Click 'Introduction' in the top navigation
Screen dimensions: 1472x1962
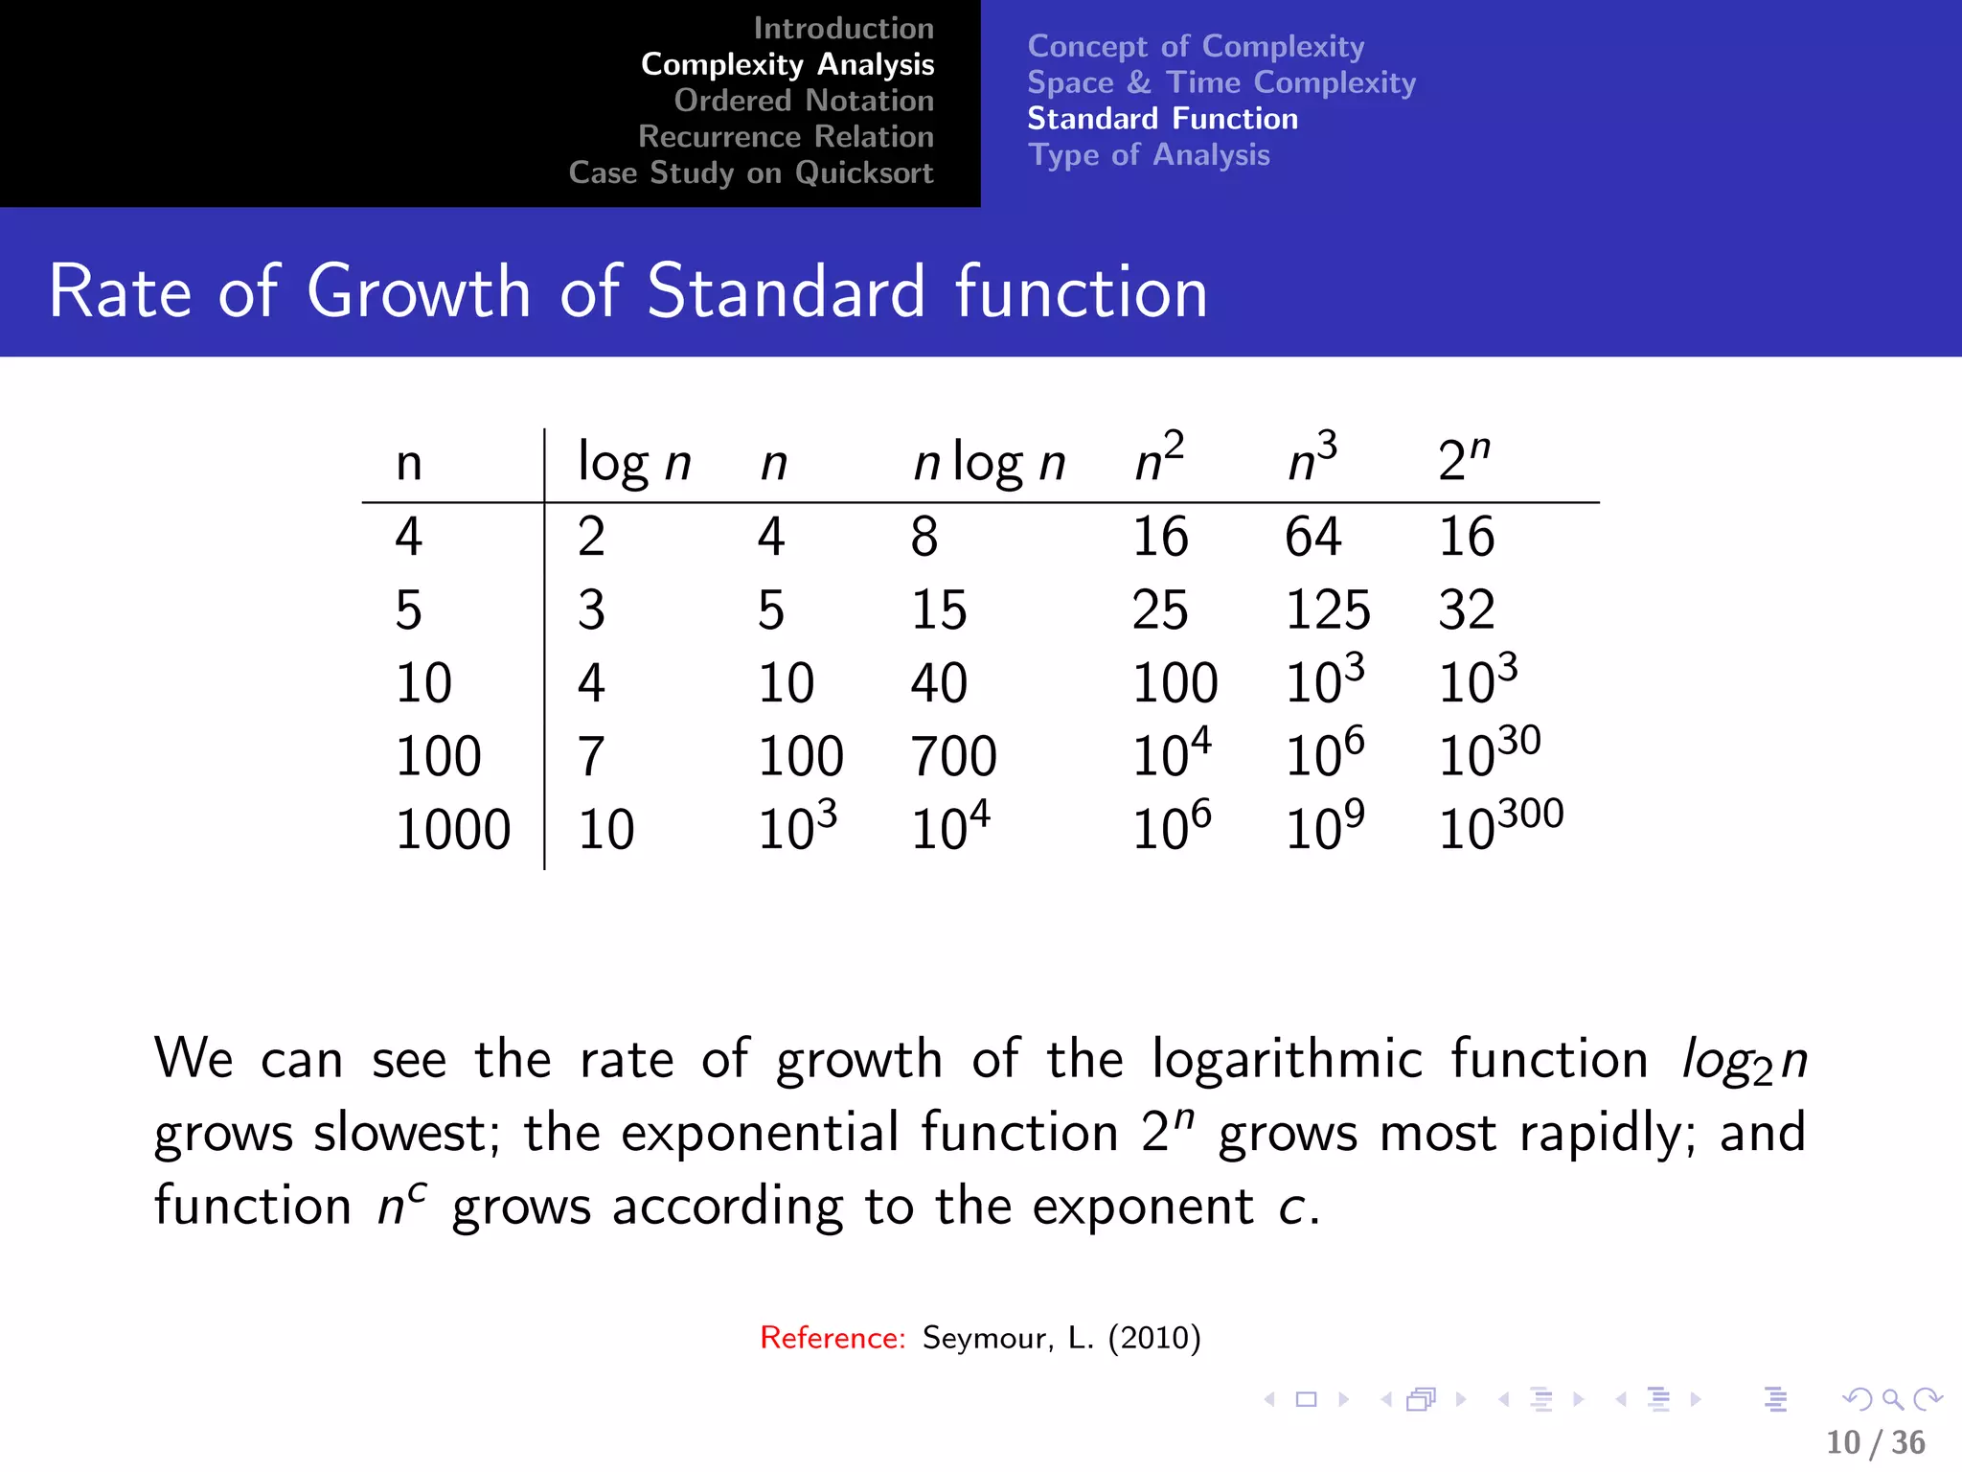[x=843, y=29]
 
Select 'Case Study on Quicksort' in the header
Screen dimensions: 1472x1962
[x=750, y=172]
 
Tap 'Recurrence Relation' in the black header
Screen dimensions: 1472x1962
[x=786, y=137]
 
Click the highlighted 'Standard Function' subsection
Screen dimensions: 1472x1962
[x=1162, y=119]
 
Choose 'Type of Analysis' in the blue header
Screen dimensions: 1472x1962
[x=1149, y=155]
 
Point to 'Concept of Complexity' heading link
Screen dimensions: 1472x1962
[x=1196, y=46]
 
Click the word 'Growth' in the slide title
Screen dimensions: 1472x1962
[x=419, y=291]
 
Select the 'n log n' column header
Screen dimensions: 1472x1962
[x=989, y=464]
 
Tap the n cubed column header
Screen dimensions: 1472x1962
[x=1312, y=458]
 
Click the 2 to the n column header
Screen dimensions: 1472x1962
[x=1464, y=458]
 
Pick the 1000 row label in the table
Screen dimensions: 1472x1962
[x=452, y=830]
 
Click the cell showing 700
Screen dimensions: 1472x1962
[x=953, y=756]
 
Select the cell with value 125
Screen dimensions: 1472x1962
[x=1328, y=609]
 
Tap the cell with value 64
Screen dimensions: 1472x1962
[x=1312, y=537]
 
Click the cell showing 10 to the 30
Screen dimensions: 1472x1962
[x=1489, y=753]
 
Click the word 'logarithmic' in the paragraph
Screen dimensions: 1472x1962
[x=1287, y=1059]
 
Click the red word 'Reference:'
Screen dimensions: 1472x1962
[x=832, y=1338]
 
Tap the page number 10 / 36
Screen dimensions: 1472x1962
[x=1875, y=1442]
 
